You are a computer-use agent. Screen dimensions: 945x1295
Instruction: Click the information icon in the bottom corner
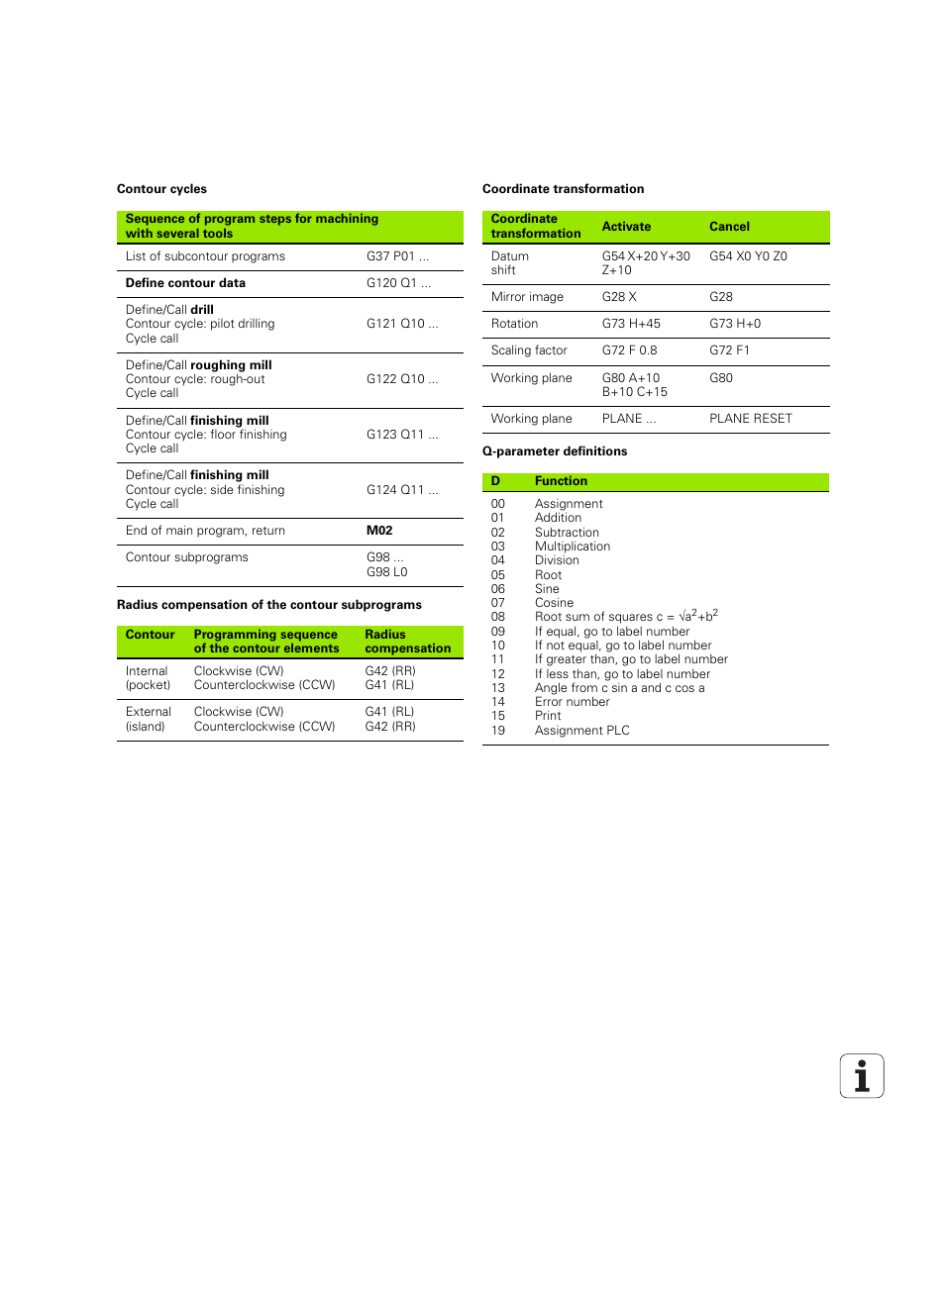[862, 1076]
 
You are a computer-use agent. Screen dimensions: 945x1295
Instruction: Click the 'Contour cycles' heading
[161, 189]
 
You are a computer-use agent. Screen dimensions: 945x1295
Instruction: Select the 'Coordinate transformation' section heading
[563, 189]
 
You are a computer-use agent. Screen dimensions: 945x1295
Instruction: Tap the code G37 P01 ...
[397, 256]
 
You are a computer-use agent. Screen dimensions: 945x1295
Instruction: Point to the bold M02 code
[379, 531]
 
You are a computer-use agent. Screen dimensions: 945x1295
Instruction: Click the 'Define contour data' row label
[185, 283]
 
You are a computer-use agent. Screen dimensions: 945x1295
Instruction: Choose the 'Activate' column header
[626, 227]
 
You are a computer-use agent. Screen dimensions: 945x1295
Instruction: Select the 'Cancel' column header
[729, 227]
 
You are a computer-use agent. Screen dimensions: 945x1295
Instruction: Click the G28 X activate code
[619, 297]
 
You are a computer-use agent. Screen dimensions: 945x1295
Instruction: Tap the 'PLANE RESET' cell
[750, 419]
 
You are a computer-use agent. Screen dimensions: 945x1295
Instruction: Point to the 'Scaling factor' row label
[529, 350]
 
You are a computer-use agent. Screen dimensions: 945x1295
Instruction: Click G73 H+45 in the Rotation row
[631, 324]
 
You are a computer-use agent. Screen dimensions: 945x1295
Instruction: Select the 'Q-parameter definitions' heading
[555, 451]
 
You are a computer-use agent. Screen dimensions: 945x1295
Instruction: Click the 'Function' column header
[561, 481]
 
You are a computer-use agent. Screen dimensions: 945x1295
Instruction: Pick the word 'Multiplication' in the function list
[573, 547]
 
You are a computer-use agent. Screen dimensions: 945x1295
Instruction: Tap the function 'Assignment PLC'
[582, 731]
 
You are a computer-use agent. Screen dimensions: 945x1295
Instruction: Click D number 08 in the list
[497, 617]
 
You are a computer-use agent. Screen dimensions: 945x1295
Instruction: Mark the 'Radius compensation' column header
[407, 642]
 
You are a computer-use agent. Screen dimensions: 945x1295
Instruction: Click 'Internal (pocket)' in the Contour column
[148, 678]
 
